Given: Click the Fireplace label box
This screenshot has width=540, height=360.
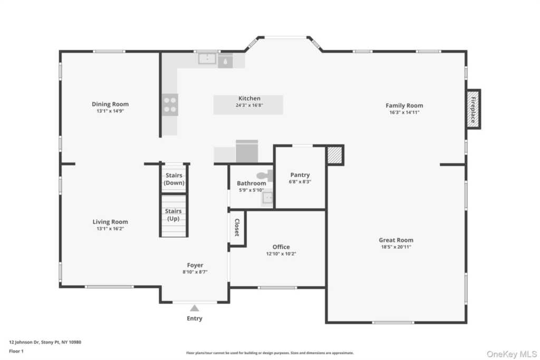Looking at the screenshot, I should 473,109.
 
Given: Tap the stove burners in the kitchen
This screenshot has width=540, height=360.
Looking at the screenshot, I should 170,104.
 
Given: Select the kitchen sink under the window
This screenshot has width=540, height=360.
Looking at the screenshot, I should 207,58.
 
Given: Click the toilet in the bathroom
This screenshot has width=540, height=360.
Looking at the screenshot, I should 263,175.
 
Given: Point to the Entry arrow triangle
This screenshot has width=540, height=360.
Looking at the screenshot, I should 195,308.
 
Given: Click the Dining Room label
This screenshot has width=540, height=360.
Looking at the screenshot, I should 110,104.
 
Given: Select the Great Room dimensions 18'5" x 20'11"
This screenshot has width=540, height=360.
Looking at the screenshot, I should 397,247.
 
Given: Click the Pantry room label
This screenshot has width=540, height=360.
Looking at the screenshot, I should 300,175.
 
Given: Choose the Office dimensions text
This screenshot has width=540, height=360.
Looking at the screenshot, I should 281,254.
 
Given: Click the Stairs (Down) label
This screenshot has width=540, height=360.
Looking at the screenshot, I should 174,179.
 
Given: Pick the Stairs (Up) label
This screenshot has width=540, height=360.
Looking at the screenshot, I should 174,215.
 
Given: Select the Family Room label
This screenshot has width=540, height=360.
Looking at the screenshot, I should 404,105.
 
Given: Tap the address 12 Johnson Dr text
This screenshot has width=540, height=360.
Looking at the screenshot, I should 45,342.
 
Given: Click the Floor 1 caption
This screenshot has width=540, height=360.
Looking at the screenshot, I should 17,351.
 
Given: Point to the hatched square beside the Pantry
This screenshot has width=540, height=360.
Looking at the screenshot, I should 334,155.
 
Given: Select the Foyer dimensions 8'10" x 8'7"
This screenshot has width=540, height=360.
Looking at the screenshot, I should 195,272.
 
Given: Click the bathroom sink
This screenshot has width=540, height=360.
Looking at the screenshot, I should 268,198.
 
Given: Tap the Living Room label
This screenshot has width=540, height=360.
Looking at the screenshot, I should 110,222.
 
